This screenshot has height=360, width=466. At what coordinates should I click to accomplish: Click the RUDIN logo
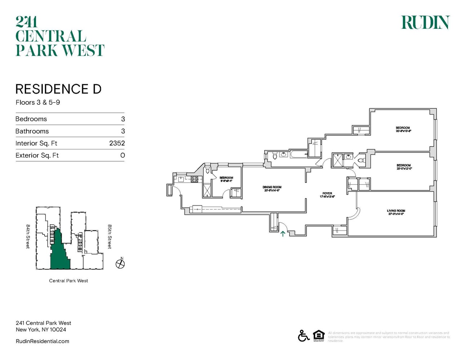425,22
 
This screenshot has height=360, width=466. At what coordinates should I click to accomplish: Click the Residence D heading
58,89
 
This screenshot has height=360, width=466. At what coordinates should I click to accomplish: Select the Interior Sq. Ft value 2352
117,143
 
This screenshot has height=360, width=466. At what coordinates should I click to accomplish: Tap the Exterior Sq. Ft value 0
122,156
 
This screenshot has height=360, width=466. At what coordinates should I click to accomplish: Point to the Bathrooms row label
32,131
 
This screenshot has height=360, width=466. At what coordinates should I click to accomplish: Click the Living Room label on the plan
396,211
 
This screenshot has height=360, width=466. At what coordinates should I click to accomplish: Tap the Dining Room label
272,187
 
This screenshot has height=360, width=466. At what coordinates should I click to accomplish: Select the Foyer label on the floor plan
327,193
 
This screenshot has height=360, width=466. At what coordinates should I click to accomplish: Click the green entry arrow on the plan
283,234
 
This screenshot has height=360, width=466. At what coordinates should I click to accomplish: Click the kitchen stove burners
194,179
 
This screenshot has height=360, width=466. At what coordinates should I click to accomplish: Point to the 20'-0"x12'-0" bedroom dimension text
404,168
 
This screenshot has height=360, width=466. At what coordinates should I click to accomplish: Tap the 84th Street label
28,236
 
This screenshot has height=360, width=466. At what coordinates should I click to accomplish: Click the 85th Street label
110,237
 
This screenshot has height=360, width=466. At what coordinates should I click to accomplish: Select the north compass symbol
120,264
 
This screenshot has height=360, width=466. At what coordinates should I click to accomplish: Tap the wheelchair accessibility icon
304,336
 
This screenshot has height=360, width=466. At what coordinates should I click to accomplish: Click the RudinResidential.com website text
42,341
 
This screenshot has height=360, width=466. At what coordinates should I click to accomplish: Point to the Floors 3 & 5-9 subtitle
38,103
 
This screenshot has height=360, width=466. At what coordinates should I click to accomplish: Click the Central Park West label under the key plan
68,281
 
